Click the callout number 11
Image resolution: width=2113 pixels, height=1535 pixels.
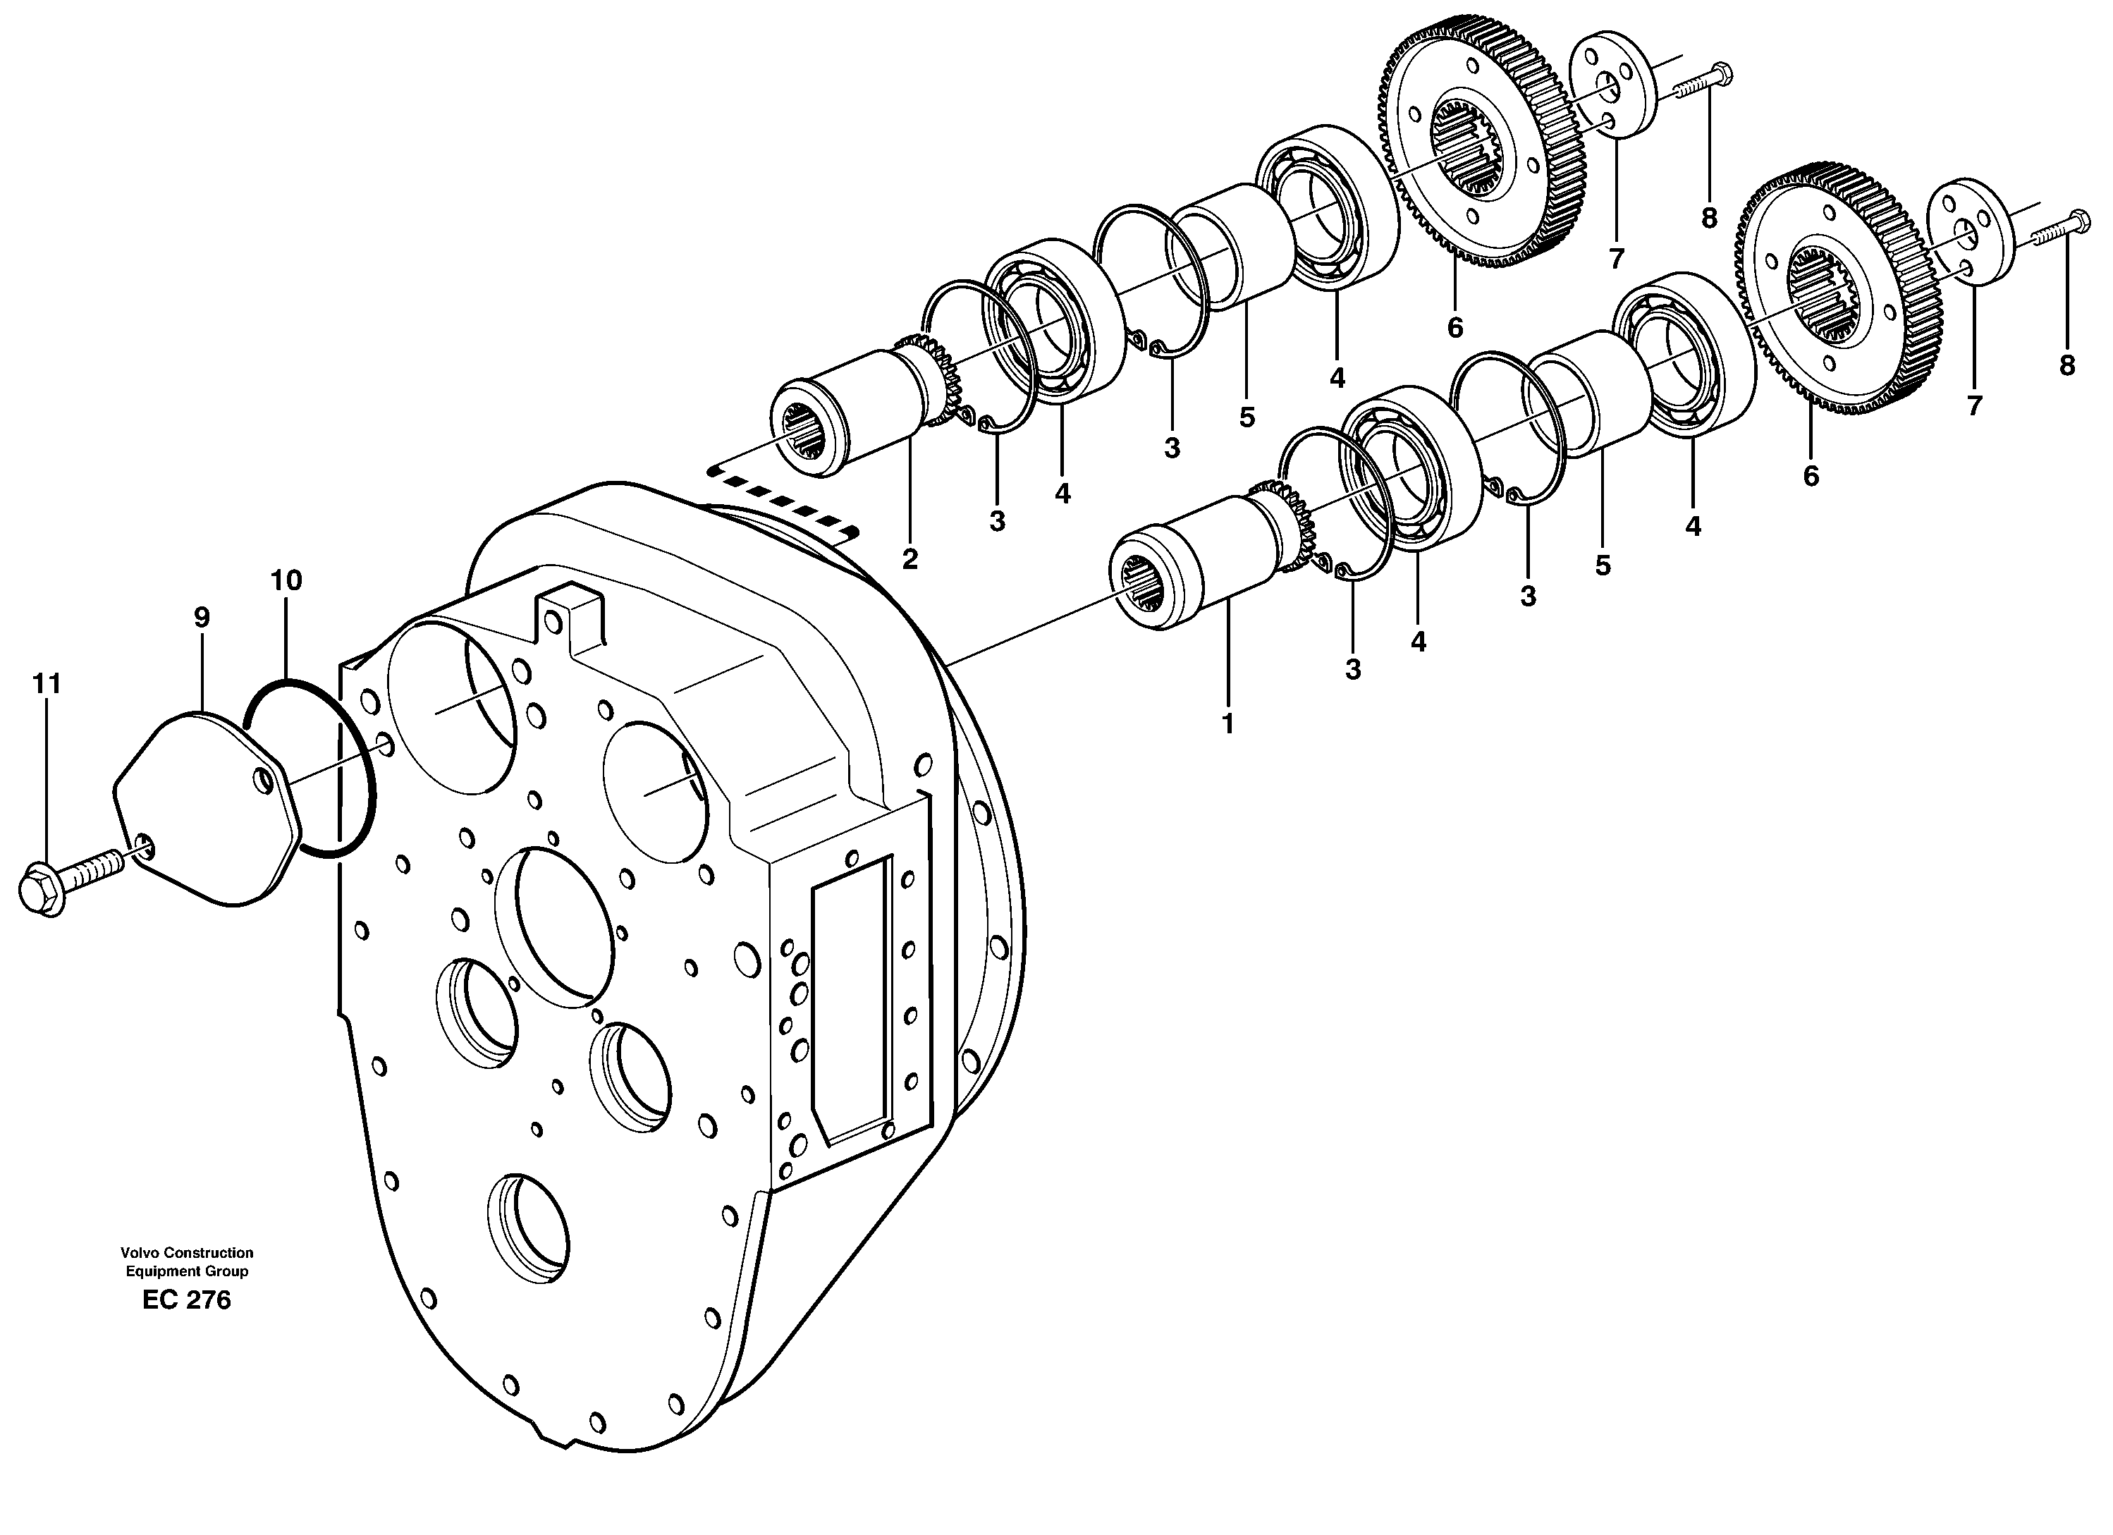pyautogui.click(x=47, y=684)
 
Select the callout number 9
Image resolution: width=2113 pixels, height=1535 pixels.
pyautogui.click(x=201, y=617)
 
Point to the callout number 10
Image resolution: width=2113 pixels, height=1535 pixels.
pyautogui.click(x=286, y=580)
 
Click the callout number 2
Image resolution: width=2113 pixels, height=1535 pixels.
pyautogui.click(x=909, y=559)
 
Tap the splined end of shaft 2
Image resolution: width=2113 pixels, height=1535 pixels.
pyautogui.click(x=804, y=434)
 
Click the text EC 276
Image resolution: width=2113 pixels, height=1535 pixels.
pyautogui.click(x=186, y=1300)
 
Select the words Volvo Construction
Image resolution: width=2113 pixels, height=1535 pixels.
pyautogui.click(x=186, y=1252)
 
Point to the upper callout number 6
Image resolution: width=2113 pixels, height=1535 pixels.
pyautogui.click(x=1454, y=328)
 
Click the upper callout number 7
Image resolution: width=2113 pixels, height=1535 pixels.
pyautogui.click(x=1615, y=257)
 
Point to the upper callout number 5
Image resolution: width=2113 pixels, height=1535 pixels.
pyautogui.click(x=1247, y=417)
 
